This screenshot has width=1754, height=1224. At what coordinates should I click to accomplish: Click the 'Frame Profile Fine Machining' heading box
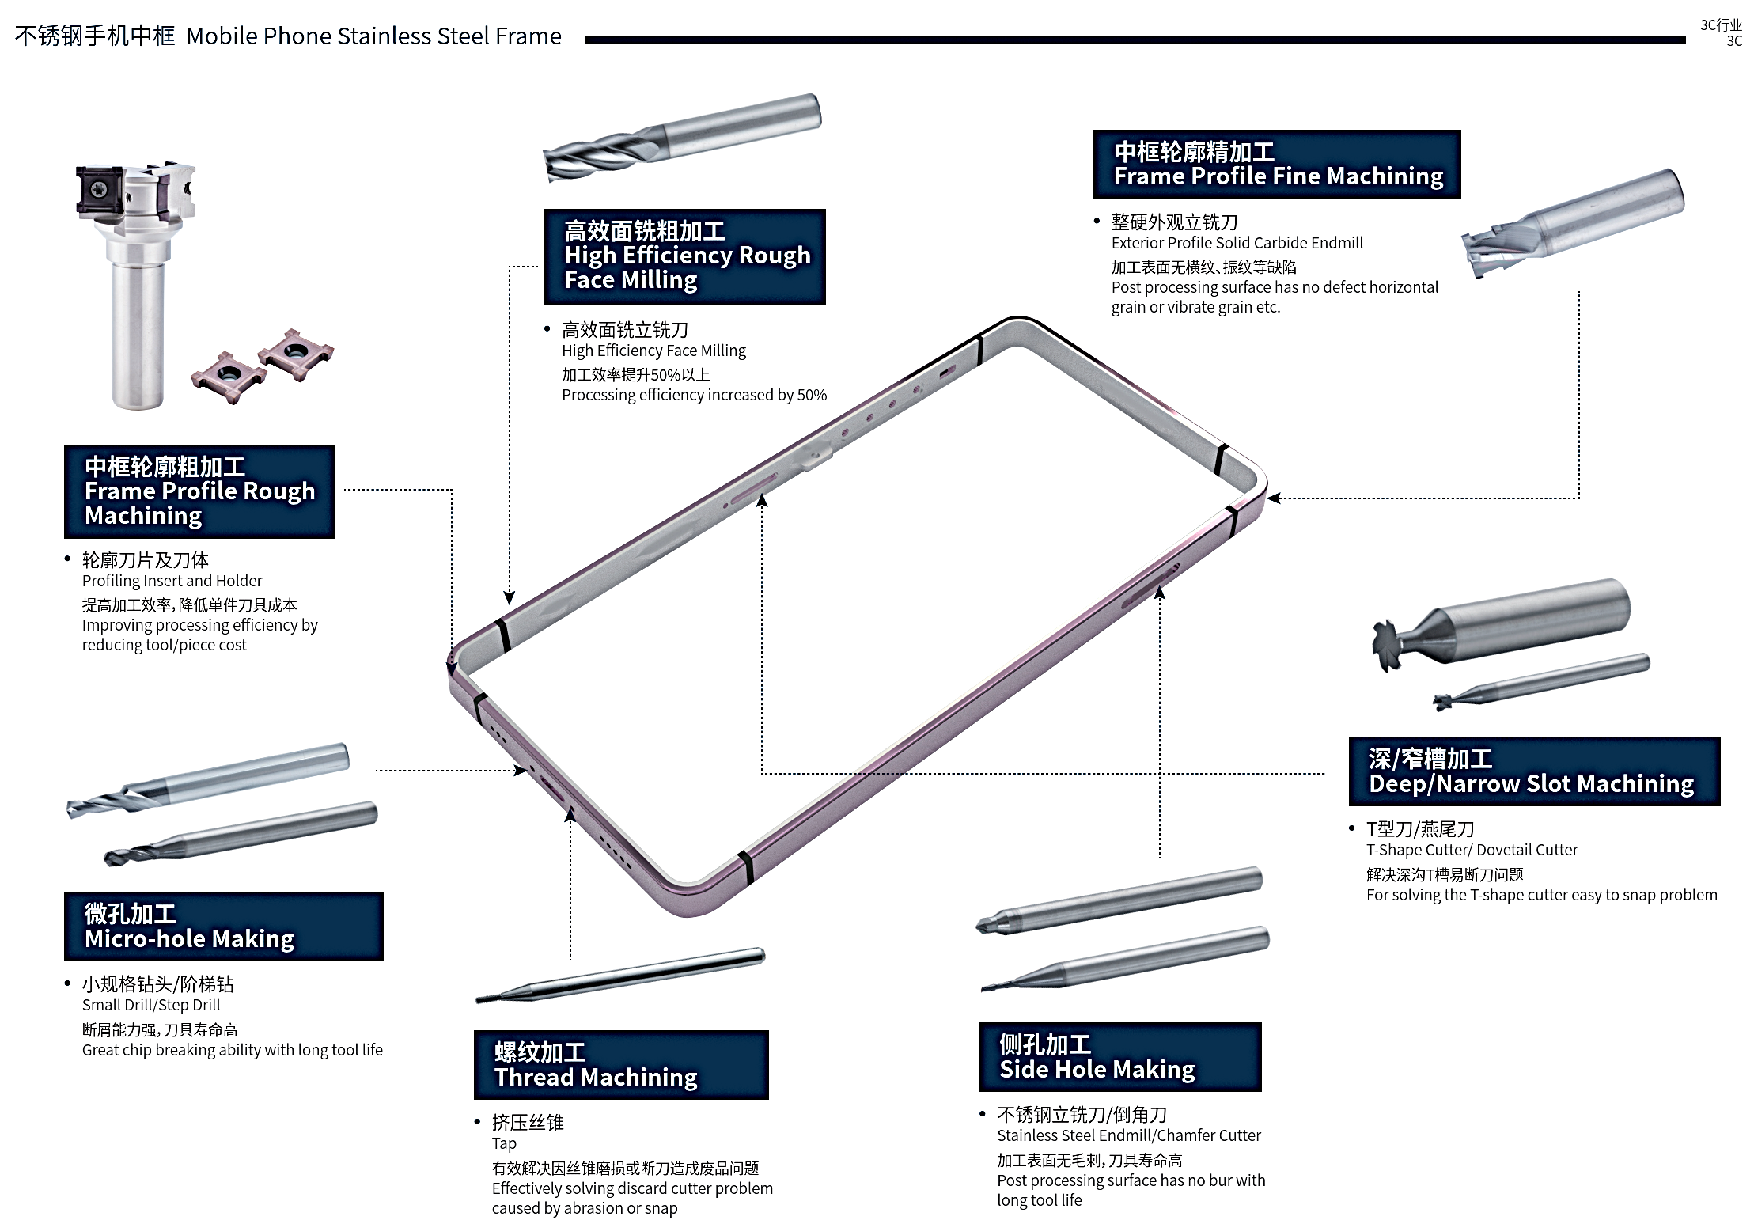pos(1276,164)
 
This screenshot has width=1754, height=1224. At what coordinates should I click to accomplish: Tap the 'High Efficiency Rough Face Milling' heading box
pos(684,256)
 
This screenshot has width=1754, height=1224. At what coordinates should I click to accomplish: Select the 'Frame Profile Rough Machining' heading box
pos(199,491)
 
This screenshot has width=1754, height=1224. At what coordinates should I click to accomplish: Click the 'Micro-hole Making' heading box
pos(223,926)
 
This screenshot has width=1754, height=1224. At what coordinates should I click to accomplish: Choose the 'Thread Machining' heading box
pos(620,1064)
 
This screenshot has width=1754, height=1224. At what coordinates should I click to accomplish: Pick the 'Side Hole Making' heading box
pos(1119,1056)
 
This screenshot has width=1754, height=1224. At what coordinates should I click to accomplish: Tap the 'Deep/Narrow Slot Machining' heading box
pos(1533,771)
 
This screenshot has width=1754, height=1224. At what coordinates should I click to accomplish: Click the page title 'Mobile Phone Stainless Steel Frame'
pos(373,36)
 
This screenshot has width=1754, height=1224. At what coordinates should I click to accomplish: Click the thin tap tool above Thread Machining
pos(620,975)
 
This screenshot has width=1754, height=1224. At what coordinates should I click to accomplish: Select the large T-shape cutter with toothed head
pos(1498,623)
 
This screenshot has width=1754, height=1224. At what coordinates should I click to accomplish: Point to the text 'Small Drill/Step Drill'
pos(151,1005)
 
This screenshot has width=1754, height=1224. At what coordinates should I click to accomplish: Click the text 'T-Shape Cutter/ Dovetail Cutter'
pos(1472,850)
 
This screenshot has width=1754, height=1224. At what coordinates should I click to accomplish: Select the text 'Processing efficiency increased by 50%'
pos(694,395)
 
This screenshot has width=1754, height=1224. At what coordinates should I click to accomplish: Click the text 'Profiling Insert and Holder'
pos(172,581)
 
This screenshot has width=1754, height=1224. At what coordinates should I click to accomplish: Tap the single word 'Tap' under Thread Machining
pos(504,1143)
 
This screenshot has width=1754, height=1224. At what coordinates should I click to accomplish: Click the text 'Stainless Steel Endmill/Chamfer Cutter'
pos(1128,1135)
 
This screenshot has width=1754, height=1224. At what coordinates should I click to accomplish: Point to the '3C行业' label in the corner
pos(1720,25)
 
